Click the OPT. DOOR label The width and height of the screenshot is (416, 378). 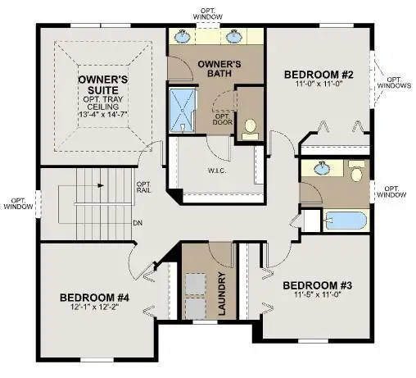point(222,119)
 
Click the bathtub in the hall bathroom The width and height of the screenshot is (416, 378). point(343,221)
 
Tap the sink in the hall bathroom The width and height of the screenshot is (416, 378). point(322,169)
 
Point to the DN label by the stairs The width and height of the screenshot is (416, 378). point(138,222)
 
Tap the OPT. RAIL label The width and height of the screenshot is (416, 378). point(143,188)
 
